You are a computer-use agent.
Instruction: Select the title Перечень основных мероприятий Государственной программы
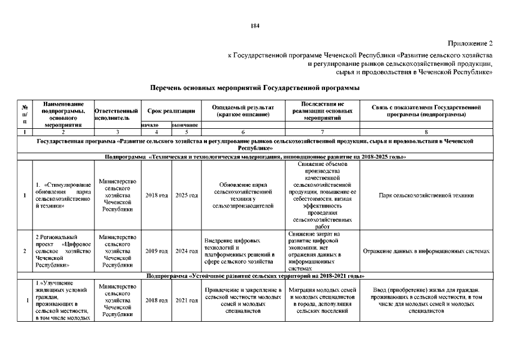[254, 88]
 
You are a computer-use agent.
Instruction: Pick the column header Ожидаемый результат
[243, 111]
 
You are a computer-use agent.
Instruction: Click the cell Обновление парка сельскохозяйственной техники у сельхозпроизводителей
[243, 195]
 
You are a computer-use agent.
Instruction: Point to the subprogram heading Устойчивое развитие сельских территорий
[254, 276]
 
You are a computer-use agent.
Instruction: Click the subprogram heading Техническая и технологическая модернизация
[254, 156]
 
